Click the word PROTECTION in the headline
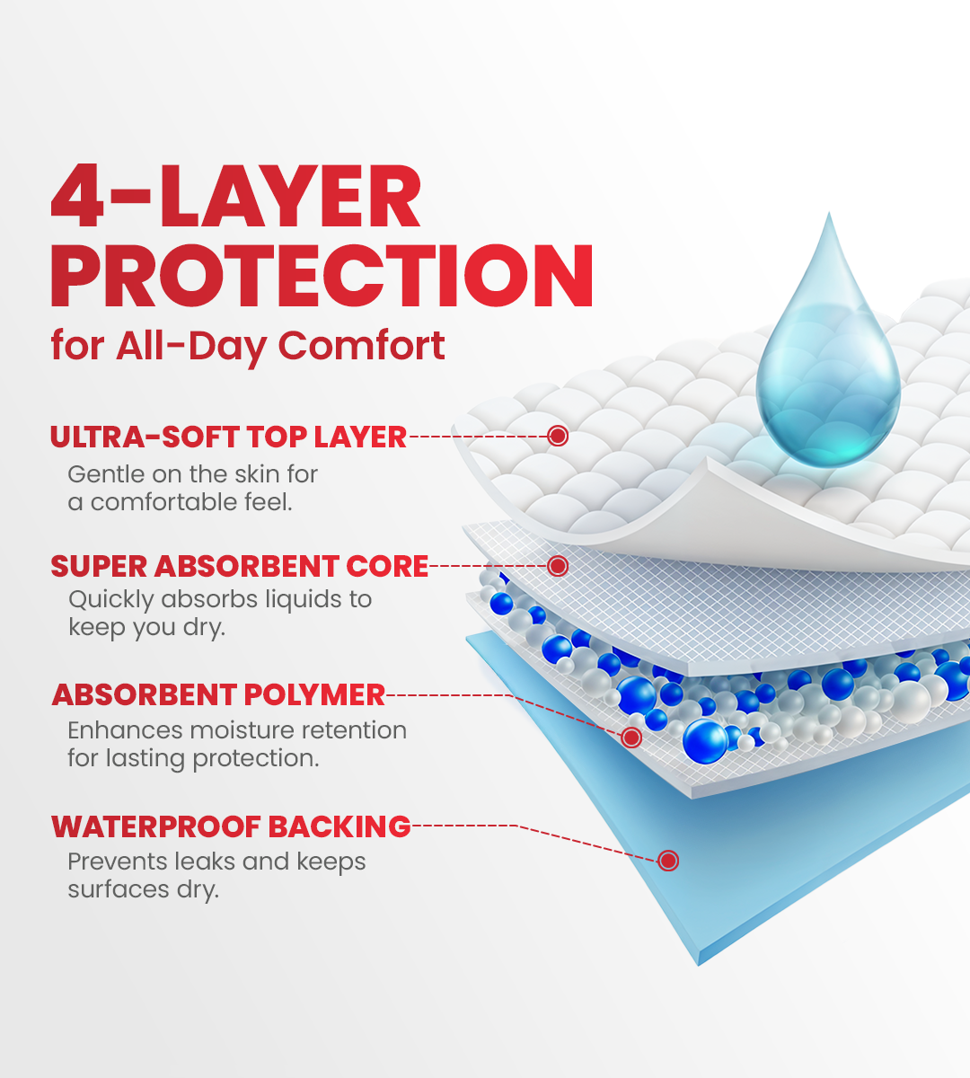pyautogui.click(x=322, y=276)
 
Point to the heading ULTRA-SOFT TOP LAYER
pyautogui.click(x=228, y=437)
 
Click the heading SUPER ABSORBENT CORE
pyautogui.click(x=239, y=567)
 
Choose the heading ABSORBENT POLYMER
pyautogui.click(x=218, y=695)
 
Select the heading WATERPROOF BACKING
pyautogui.click(x=231, y=826)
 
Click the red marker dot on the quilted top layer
pyautogui.click(x=558, y=437)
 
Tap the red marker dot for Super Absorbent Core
pyautogui.click(x=558, y=566)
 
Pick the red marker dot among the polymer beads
pyautogui.click(x=631, y=738)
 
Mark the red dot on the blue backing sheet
pyautogui.click(x=667, y=861)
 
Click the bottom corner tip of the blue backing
pyautogui.click(x=699, y=963)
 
